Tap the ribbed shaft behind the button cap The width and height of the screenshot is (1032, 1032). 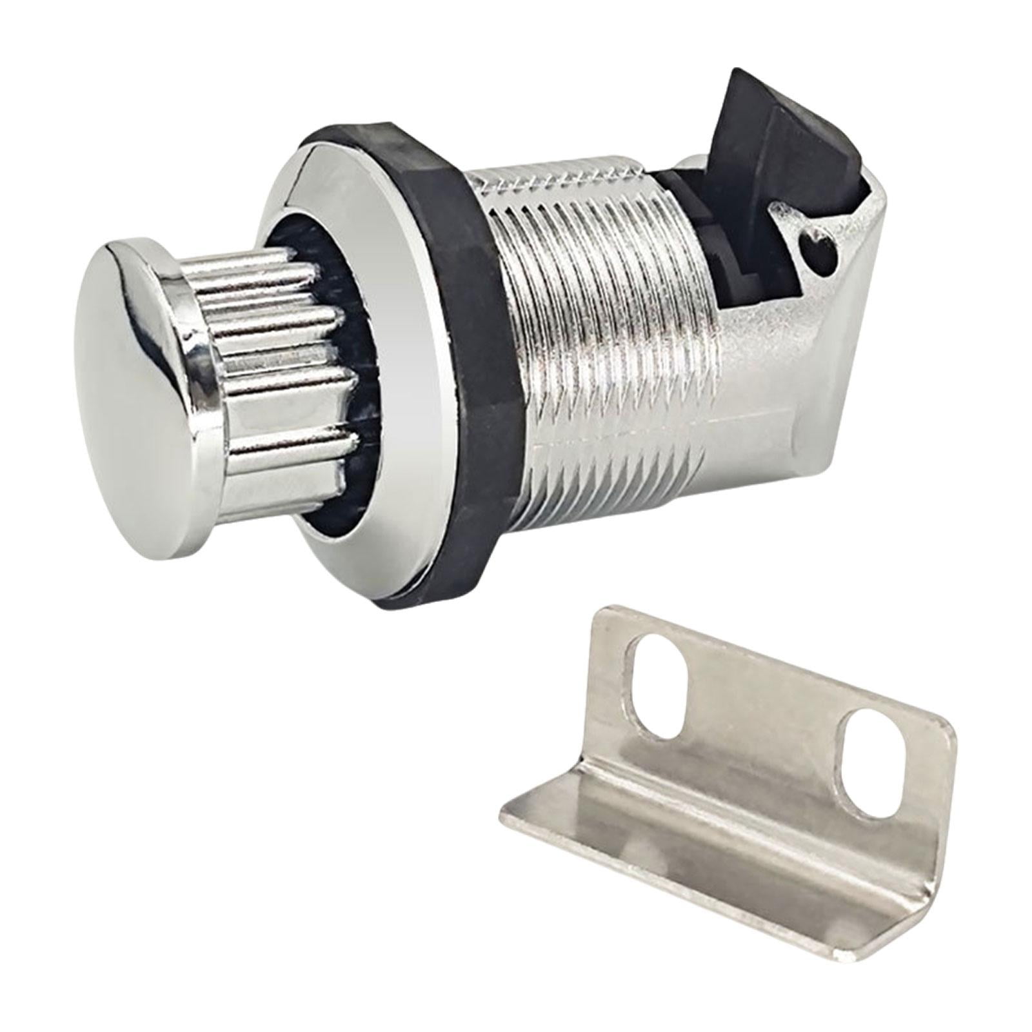(x=284, y=361)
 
